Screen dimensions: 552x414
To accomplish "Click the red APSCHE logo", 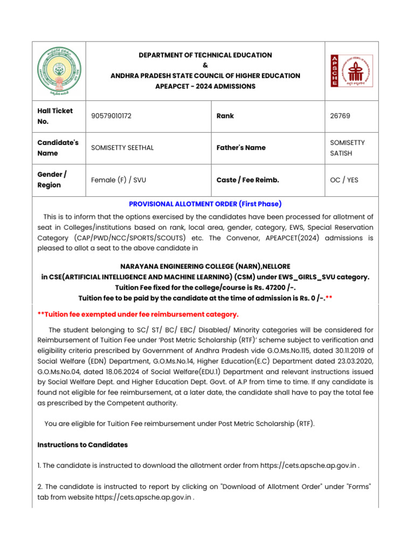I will pyautogui.click(x=351, y=71).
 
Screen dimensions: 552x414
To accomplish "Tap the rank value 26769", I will pyautogui.click(x=341, y=116).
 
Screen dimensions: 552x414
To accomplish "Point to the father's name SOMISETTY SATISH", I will pyautogui.click(x=347, y=148).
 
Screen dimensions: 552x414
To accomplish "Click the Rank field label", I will pyautogui.click(x=225, y=116).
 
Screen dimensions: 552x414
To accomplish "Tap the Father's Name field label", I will pyautogui.click(x=241, y=148).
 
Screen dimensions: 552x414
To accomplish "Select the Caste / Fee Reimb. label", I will pyautogui.click(x=247, y=180).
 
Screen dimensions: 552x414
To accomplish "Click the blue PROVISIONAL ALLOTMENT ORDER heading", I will pyautogui.click(x=205, y=204).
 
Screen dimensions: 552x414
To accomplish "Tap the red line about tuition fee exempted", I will pyautogui.click(x=138, y=314).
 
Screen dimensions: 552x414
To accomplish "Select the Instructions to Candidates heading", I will pyautogui.click(x=82, y=445).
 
